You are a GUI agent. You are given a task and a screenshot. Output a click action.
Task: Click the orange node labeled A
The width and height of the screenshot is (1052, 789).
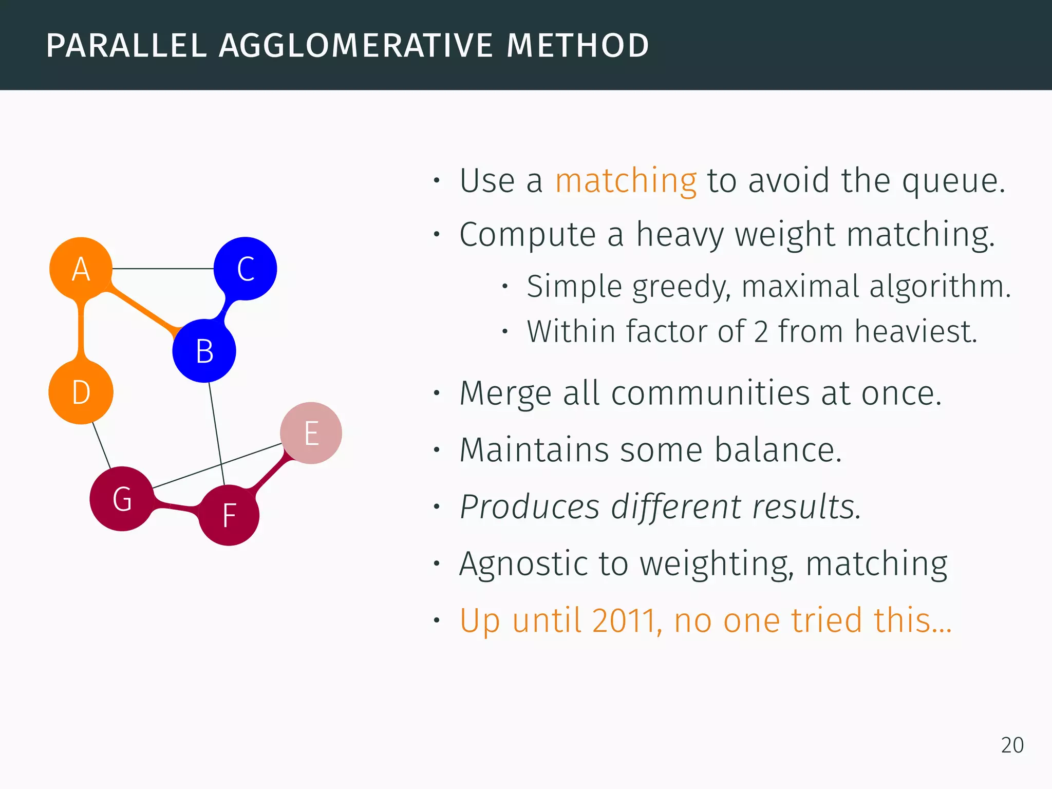(81, 268)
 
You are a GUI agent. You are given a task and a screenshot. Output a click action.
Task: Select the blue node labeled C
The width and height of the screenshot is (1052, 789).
(246, 268)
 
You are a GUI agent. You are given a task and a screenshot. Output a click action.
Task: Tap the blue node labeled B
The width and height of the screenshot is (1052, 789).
(204, 351)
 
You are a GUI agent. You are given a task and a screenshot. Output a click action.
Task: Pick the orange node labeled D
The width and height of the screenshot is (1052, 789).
(81, 392)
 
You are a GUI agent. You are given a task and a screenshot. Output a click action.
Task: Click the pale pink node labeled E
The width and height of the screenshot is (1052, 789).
(311, 433)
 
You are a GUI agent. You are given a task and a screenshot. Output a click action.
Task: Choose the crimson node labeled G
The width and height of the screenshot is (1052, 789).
(122, 499)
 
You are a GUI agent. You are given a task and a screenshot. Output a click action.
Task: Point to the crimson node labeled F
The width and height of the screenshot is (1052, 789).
(229, 515)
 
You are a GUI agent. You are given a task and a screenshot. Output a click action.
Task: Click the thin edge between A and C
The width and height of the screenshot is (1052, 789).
(163, 268)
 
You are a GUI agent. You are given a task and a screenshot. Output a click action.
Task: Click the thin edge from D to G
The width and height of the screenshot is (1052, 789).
(101, 445)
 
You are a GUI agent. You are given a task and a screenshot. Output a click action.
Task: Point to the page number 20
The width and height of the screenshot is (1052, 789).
(1012, 745)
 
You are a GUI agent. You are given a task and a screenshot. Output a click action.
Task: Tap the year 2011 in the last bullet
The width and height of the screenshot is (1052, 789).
(624, 621)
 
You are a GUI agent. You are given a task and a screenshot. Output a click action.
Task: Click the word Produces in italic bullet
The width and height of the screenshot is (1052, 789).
(529, 507)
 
